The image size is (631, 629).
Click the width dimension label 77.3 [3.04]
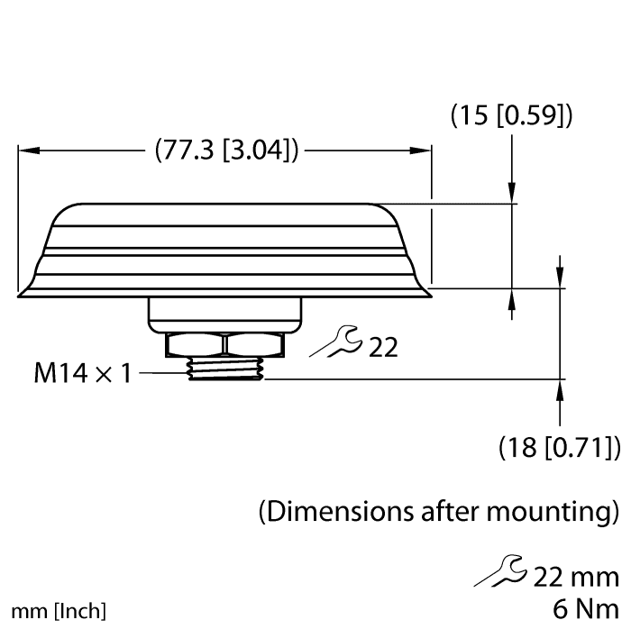point(226,150)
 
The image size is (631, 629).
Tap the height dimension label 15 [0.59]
point(511,115)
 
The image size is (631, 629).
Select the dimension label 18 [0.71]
point(559,446)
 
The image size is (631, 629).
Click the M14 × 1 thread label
point(83,372)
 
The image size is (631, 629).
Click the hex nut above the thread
point(224,344)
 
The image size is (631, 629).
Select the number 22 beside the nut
point(382,347)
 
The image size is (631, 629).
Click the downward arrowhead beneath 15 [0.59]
point(512,193)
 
